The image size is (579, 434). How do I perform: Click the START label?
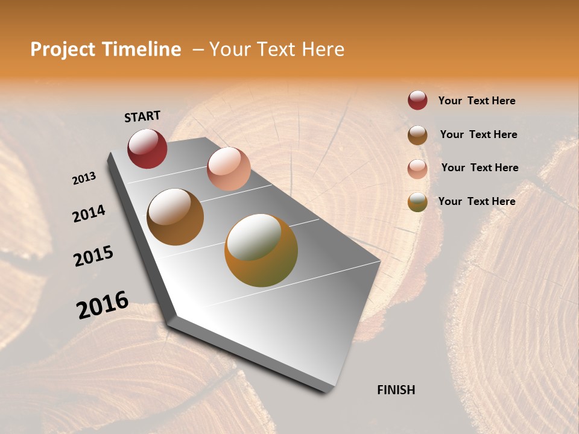142,116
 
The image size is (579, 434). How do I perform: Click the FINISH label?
396,390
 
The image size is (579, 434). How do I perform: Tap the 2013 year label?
84,178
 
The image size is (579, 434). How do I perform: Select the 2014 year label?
89,214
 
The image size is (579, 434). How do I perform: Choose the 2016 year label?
103,305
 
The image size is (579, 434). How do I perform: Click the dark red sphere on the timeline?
147,148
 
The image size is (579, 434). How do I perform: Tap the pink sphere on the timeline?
229,168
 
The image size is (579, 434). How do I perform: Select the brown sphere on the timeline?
175,216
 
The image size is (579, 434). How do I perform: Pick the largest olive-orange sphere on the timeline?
261,250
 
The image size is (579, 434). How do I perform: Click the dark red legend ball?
417,100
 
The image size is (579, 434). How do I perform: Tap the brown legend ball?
417,134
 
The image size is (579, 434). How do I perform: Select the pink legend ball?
417,168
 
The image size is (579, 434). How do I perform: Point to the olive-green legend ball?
417,202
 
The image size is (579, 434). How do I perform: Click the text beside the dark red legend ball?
476,101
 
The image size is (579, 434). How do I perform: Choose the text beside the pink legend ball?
479,168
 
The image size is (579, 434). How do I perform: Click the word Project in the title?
63,49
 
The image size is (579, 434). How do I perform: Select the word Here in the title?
322,49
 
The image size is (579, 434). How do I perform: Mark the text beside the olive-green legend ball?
476,201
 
